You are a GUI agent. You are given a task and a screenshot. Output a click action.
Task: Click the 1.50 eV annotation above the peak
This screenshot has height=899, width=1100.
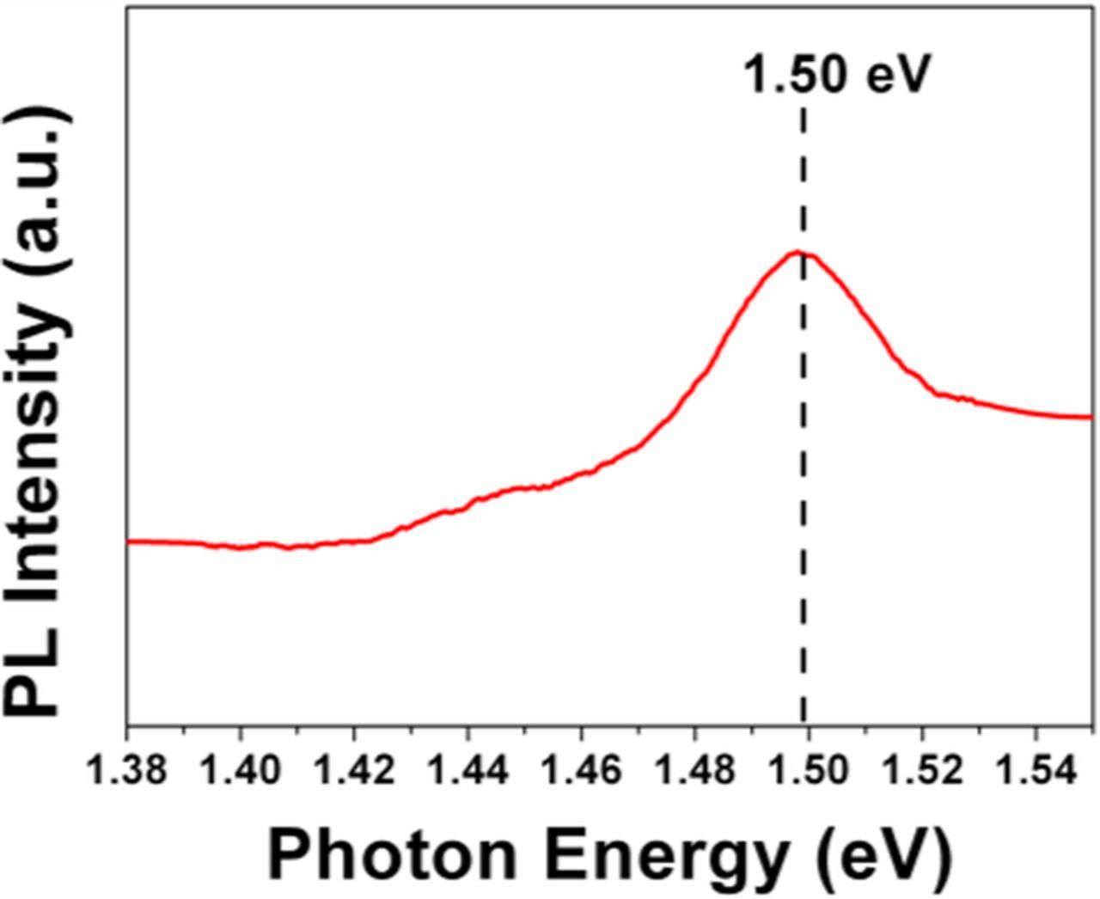[836, 76]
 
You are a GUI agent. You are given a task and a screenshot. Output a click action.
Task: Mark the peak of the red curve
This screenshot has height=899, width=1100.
[799, 252]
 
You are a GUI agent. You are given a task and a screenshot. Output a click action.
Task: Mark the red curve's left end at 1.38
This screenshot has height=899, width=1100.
[128, 541]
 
